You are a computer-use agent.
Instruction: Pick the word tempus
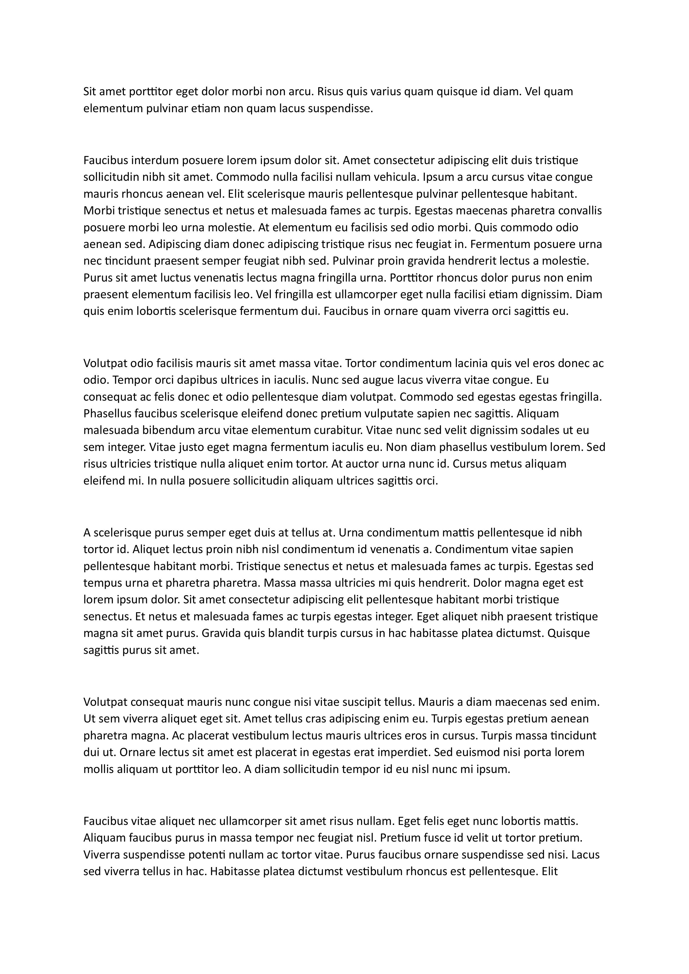pos(101,583)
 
